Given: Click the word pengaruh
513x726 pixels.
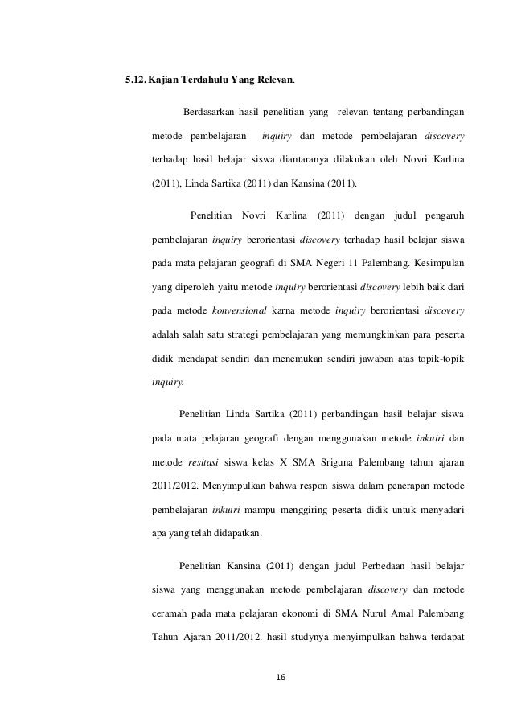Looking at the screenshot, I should pos(441,215).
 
